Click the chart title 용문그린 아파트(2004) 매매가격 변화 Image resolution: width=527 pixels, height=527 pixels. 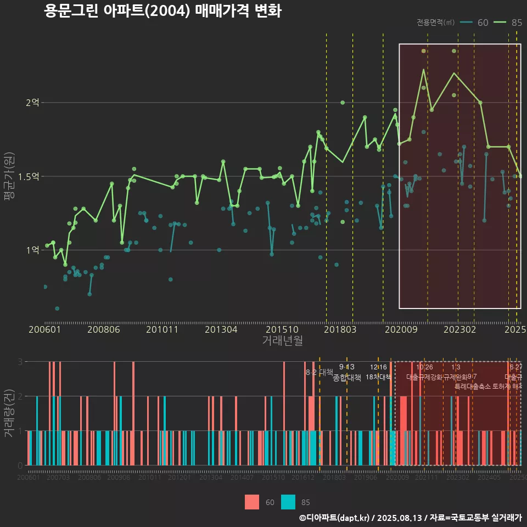(162, 12)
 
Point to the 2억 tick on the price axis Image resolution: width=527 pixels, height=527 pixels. (32, 103)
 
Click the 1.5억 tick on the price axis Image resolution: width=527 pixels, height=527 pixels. (30, 176)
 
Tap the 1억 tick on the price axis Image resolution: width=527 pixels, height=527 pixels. (32, 250)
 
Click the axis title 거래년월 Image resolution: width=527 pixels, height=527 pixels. (282, 340)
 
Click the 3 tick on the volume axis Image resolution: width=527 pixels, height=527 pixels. (20, 362)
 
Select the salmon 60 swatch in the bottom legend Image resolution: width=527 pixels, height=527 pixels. (251, 502)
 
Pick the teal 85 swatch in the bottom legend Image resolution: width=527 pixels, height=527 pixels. (288, 502)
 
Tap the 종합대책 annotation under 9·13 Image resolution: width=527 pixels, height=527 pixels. (347, 378)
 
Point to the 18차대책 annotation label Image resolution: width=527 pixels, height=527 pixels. (378, 377)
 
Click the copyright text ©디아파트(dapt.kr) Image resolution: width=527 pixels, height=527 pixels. (335, 518)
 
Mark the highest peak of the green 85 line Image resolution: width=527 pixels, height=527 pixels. (424, 69)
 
